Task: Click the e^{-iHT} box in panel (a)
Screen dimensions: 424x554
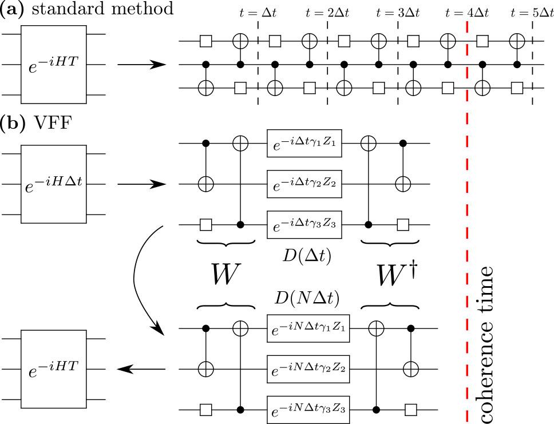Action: click(54, 64)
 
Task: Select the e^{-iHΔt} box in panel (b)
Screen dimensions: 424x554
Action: click(54, 184)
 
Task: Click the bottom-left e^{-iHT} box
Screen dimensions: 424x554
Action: click(54, 370)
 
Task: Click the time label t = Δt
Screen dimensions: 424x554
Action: click(259, 12)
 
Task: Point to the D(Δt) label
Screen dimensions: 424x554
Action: click(304, 255)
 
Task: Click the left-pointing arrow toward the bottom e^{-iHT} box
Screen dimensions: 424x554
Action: click(140, 370)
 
